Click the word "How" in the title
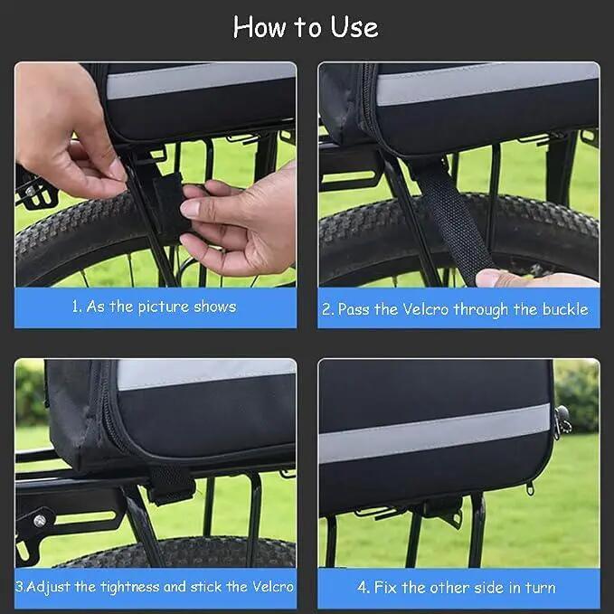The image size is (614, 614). (x=260, y=27)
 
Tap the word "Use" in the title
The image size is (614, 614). (x=354, y=27)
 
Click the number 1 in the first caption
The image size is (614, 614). (x=76, y=307)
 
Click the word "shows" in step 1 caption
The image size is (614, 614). (x=215, y=307)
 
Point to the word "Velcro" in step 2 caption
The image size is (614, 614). (x=425, y=309)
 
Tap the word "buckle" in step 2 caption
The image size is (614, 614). (x=564, y=309)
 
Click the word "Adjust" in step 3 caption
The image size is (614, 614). (x=49, y=587)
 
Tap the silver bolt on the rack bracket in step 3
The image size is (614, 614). (x=40, y=521)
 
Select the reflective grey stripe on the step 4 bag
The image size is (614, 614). (x=435, y=433)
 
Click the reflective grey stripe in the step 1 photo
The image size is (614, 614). (x=201, y=81)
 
